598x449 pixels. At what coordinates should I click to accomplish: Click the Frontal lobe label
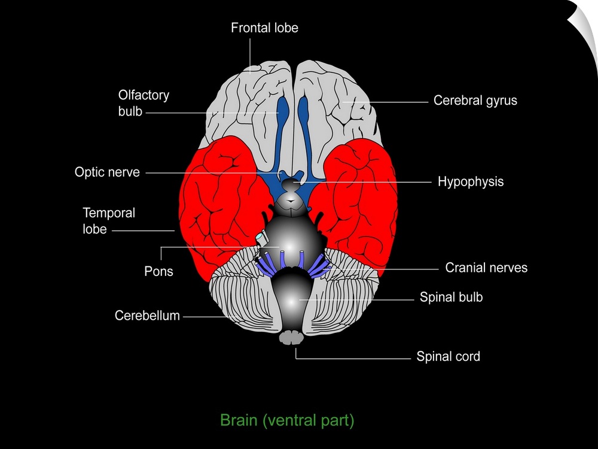click(264, 28)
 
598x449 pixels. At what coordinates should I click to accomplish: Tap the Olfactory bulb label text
click(144, 103)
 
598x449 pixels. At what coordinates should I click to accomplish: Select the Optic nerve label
click(107, 172)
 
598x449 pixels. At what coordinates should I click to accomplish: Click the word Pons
click(158, 271)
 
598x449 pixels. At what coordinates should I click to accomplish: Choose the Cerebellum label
click(147, 315)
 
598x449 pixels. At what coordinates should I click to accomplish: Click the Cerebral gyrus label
click(475, 101)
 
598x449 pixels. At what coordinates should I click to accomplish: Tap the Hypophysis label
click(471, 181)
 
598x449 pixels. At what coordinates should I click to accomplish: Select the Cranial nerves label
click(486, 268)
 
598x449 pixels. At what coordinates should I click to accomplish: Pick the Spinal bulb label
click(451, 298)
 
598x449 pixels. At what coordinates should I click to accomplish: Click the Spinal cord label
click(448, 357)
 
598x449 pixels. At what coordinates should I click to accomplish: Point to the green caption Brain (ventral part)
click(287, 420)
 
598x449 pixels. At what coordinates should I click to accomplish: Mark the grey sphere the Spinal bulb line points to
click(295, 299)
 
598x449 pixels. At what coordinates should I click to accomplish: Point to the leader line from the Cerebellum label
click(206, 316)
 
